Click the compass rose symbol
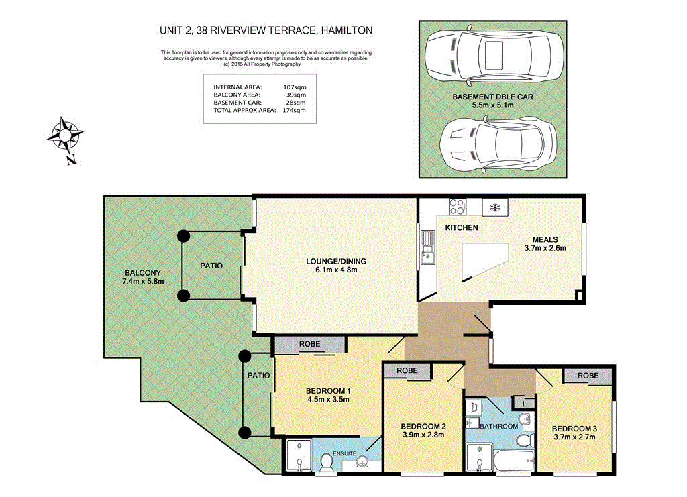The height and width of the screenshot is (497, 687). (x=65, y=137)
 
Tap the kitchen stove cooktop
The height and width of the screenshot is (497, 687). (x=457, y=207)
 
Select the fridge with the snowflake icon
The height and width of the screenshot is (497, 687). (x=495, y=207)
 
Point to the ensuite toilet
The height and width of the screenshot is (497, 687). (x=326, y=461)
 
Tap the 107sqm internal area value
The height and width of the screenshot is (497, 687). (x=295, y=87)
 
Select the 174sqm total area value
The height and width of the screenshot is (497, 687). (x=294, y=111)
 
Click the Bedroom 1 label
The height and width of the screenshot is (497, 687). (x=328, y=391)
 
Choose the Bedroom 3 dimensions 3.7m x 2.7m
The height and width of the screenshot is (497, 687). (x=574, y=437)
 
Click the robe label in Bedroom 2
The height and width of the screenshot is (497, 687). (x=407, y=370)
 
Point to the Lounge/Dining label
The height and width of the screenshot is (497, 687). (x=336, y=262)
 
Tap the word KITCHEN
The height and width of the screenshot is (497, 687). (x=462, y=227)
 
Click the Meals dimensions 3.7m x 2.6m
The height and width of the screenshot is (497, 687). (x=545, y=248)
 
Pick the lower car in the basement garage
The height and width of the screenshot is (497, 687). (x=498, y=143)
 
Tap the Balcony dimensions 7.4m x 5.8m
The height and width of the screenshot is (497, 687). (x=143, y=282)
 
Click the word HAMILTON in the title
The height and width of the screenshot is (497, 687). (x=347, y=30)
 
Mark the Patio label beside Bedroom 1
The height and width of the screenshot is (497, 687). (x=258, y=376)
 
